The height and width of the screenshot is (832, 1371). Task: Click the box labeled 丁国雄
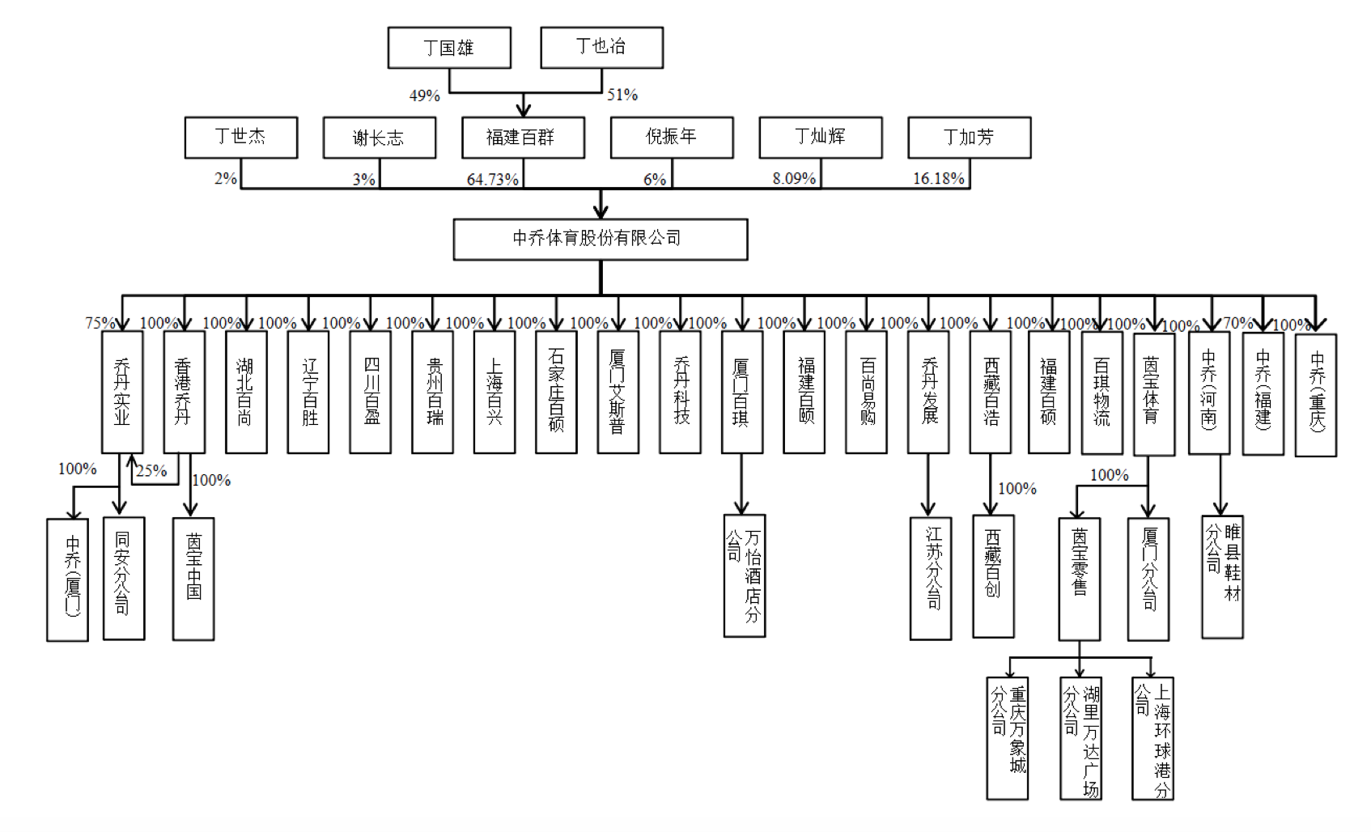[x=449, y=48]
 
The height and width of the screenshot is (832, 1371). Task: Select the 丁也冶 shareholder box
[x=601, y=47]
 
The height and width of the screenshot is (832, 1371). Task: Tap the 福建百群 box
[x=523, y=138]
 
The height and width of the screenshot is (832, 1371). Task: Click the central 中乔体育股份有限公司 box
[x=600, y=239]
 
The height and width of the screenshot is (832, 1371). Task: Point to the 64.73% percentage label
[x=492, y=180]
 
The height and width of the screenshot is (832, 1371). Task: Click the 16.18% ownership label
[x=939, y=179]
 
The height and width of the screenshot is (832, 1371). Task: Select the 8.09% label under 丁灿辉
[x=793, y=179]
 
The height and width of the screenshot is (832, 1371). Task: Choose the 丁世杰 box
[x=241, y=137]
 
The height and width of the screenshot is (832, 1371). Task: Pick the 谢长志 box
[x=379, y=138]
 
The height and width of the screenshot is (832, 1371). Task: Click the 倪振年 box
[x=672, y=137]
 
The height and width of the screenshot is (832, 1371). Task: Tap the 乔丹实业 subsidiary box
[x=122, y=392]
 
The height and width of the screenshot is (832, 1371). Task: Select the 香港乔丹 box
[x=184, y=392]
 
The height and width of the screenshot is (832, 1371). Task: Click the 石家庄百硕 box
[x=556, y=392]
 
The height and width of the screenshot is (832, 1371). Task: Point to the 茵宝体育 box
[x=1153, y=393]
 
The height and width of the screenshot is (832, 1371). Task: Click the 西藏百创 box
[x=993, y=576]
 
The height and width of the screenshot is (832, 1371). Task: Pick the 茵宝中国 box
[x=193, y=579]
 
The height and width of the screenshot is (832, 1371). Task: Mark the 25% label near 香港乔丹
[x=151, y=471]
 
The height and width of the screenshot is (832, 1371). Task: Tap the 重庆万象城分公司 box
[x=1008, y=738]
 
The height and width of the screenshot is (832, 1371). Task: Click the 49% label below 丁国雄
[x=424, y=96]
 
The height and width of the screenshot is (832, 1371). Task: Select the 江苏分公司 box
[x=931, y=578]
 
